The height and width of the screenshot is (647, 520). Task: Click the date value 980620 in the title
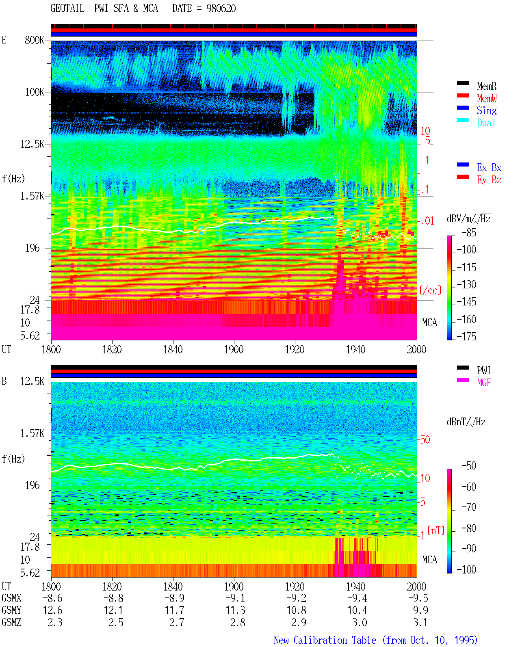221,9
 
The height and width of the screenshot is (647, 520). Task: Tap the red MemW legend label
487,98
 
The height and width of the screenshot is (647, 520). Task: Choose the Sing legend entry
487,110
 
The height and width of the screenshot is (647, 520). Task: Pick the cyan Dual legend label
486,123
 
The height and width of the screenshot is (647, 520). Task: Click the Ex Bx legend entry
489,167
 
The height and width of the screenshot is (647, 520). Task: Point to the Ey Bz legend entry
489,180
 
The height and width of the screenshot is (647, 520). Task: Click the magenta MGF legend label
484,383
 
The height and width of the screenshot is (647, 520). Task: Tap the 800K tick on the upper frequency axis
35,40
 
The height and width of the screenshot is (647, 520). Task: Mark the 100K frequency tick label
35,92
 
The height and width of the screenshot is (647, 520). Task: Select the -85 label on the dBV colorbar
469,233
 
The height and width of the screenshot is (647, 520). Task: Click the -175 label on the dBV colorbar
466,336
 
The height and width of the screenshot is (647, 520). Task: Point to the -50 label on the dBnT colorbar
469,466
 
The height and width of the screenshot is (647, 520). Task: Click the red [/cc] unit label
430,290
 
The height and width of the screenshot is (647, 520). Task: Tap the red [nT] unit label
436,530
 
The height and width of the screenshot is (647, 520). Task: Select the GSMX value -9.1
236,598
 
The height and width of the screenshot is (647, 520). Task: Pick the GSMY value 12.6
53,610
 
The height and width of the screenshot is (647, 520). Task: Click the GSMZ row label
11,622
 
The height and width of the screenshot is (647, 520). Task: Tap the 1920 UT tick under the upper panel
295,350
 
